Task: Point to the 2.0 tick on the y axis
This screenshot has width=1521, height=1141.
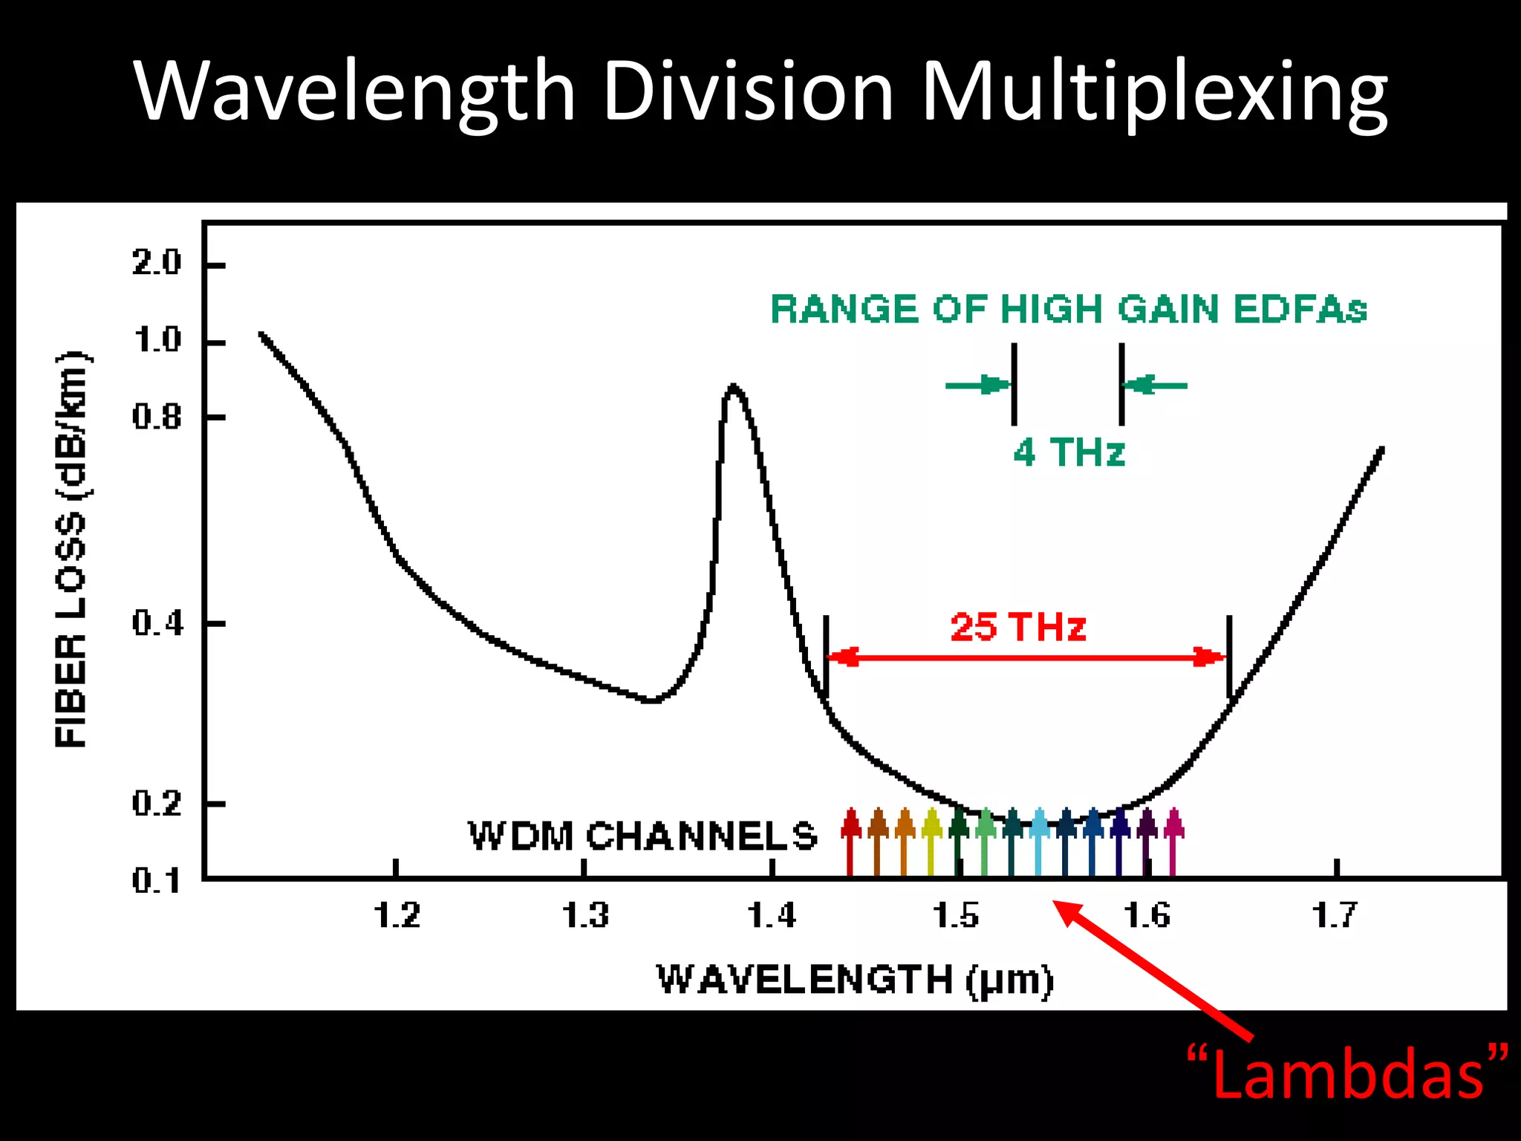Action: (157, 263)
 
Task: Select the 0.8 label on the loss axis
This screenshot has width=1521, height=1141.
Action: (157, 417)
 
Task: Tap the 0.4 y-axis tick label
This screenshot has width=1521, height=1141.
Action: (157, 622)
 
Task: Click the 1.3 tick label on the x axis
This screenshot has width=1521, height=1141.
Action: (585, 915)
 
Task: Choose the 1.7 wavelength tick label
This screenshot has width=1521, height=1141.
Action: (1335, 915)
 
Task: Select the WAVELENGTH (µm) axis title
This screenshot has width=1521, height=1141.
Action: (855, 980)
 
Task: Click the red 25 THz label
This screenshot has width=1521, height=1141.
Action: (1018, 627)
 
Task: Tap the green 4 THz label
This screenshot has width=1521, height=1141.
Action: (1069, 452)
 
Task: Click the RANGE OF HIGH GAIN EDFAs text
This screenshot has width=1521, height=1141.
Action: (1068, 309)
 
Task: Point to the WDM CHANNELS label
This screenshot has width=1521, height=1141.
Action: (642, 836)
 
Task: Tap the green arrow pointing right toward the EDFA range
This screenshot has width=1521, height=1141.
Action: (977, 385)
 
